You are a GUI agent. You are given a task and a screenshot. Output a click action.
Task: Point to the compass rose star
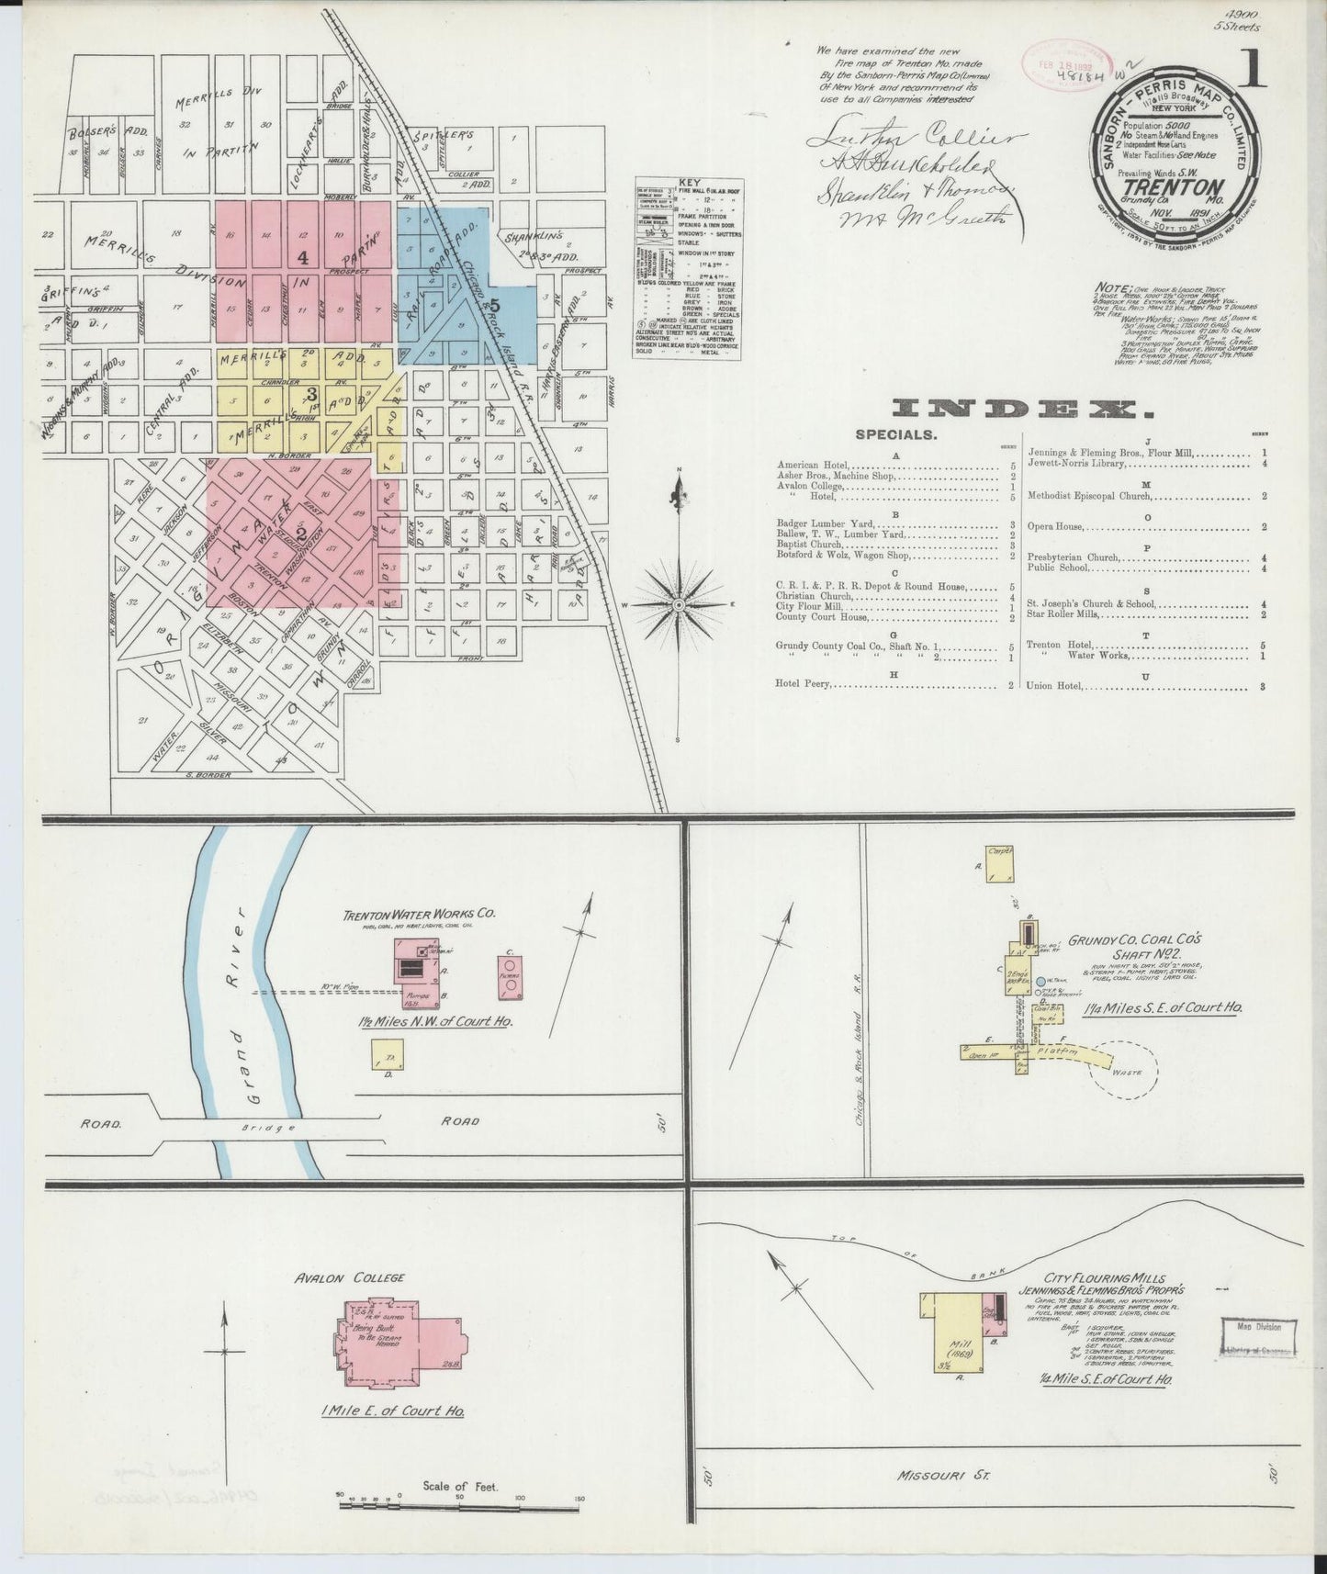point(679,604)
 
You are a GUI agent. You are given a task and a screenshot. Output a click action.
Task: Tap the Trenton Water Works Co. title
point(419,915)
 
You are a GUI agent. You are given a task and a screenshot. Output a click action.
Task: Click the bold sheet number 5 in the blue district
point(494,305)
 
